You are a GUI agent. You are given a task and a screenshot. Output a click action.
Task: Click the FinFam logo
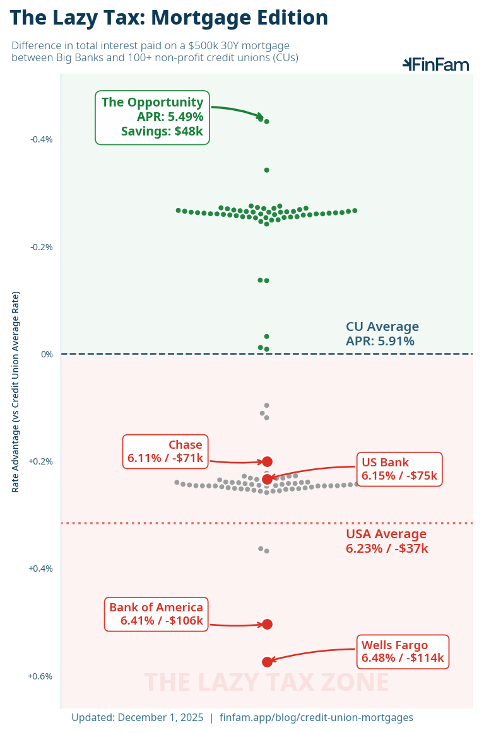436,64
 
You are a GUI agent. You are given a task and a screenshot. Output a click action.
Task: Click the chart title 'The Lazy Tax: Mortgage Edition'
169,18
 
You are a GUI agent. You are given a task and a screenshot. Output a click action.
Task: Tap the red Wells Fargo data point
267,662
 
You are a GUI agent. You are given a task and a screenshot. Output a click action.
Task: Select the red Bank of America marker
267,624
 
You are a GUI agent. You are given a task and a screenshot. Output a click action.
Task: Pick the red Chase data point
267,461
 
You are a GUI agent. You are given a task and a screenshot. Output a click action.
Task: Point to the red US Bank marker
267,479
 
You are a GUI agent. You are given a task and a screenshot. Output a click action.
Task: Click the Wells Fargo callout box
403,652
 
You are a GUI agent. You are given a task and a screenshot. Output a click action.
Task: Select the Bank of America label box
156,614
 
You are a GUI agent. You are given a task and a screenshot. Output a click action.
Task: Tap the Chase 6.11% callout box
165,451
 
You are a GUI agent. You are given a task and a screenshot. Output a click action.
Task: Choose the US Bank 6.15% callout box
399,469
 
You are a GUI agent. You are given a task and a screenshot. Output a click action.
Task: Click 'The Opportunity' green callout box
152,117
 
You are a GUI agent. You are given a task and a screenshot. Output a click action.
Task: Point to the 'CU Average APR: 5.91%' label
382,334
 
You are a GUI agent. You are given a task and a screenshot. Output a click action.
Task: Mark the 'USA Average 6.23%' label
386,541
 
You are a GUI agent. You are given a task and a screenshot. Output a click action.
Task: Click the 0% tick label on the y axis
47,354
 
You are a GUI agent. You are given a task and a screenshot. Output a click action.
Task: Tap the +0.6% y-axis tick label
40,676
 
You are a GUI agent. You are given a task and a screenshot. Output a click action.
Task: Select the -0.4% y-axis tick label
41,139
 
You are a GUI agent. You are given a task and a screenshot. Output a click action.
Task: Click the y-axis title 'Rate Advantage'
16,391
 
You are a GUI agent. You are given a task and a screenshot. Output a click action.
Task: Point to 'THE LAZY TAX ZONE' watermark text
266,683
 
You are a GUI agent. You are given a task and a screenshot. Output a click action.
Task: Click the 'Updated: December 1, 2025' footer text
138,717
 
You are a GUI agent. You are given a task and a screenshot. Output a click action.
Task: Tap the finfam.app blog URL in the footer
316,717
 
